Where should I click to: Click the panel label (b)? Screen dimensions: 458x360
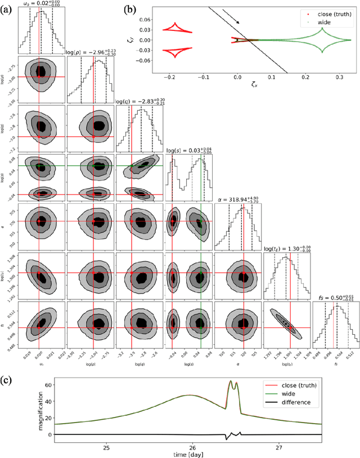(145, 9)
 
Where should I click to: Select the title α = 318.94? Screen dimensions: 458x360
(244, 199)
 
